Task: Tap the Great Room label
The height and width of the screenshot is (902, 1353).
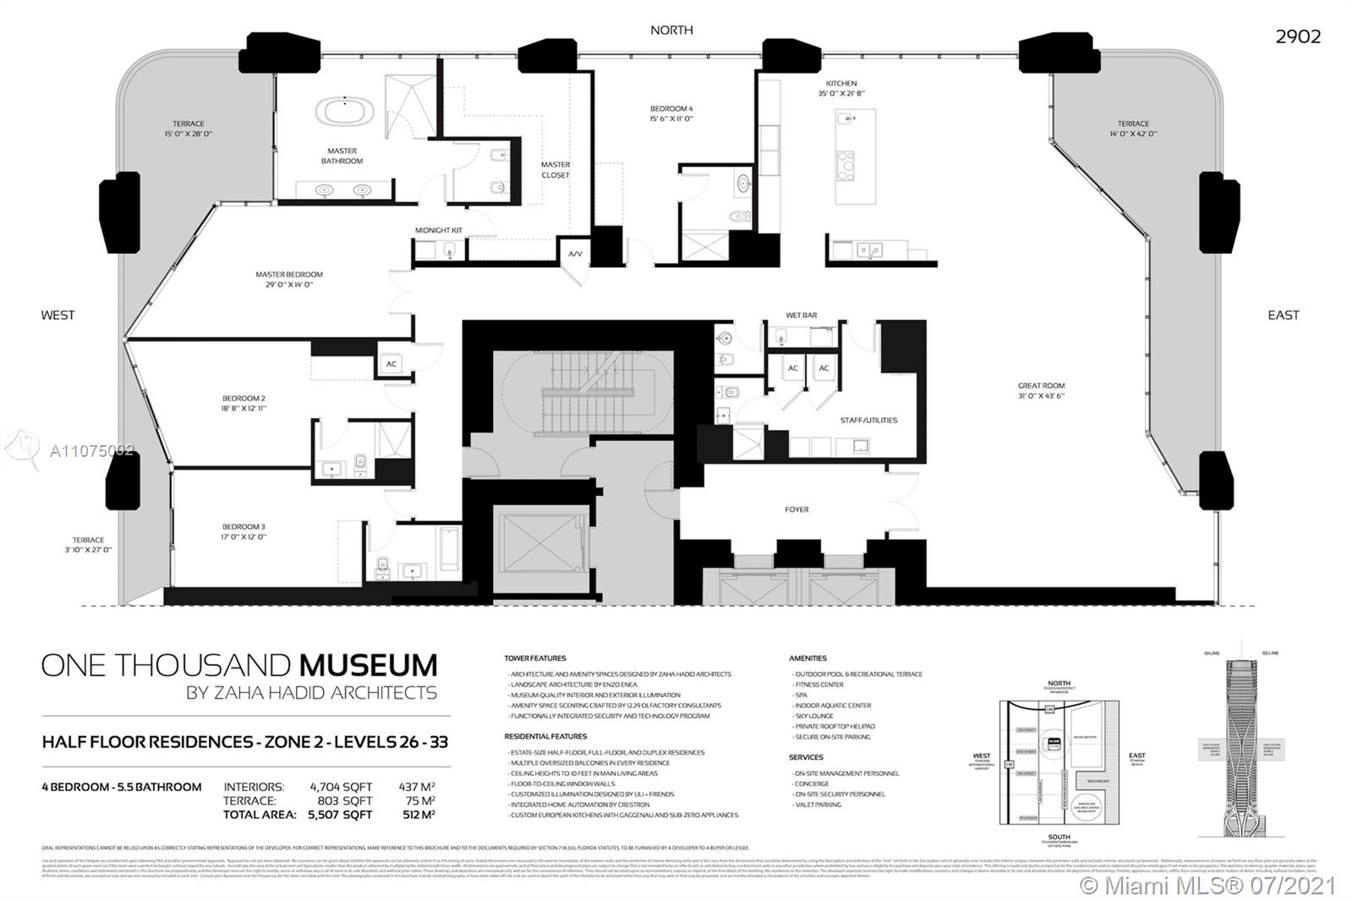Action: (1041, 386)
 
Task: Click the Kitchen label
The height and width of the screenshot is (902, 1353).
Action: (841, 84)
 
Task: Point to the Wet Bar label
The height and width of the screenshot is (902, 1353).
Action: (801, 316)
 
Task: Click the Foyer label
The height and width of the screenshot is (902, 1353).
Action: (797, 509)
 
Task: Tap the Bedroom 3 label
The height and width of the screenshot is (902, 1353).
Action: (244, 526)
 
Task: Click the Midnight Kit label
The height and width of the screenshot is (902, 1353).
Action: (439, 230)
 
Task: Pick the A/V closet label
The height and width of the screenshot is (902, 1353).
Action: (575, 254)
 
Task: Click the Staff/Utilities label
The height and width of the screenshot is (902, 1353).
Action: (868, 420)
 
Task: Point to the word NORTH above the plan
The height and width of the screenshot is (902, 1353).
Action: (671, 30)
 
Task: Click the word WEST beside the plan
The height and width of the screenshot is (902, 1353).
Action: (58, 315)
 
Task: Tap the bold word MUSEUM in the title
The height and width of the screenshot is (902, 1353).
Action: (365, 665)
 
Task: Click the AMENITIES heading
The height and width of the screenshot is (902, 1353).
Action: (808, 657)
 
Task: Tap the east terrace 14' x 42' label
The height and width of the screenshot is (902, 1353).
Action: (1133, 134)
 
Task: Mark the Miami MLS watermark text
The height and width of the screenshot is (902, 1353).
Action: (1209, 885)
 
